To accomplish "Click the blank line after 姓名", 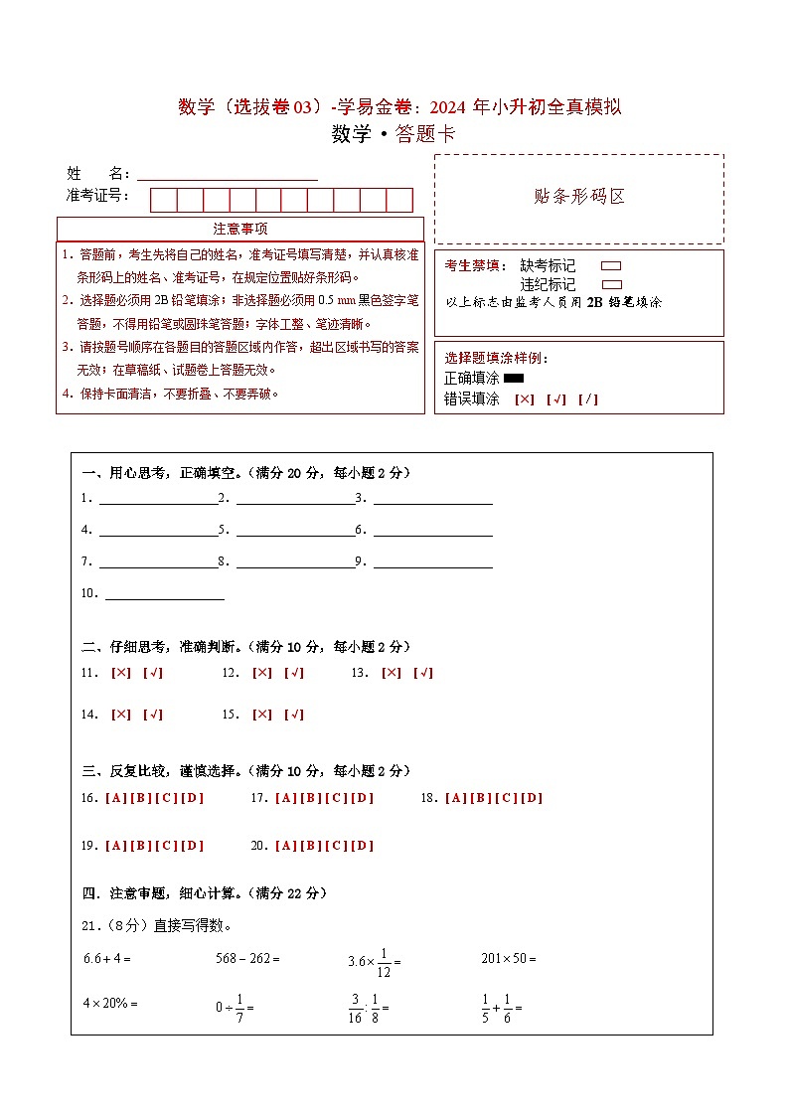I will pos(228,175).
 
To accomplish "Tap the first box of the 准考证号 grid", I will pos(163,200).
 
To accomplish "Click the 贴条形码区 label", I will pos(579,197).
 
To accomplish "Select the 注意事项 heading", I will pos(239,230).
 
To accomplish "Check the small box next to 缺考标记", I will pos(611,266).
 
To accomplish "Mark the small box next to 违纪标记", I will pos(611,284).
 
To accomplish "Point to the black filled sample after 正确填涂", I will pos(514,379).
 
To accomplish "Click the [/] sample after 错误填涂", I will pos(588,399).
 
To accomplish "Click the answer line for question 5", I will pos(295,530).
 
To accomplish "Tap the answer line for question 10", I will pos(164,594).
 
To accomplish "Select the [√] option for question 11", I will pos(153,673).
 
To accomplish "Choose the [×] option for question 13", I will pos(392,673).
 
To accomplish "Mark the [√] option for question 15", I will pos(294,715).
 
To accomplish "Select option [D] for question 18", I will pos(533,798).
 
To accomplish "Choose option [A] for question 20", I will pos(285,846).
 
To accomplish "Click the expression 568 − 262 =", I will pos(247,959).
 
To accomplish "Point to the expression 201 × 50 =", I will pos(508,959).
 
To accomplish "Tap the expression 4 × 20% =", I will pos(109,1004).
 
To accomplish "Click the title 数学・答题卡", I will pos(394,135).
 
